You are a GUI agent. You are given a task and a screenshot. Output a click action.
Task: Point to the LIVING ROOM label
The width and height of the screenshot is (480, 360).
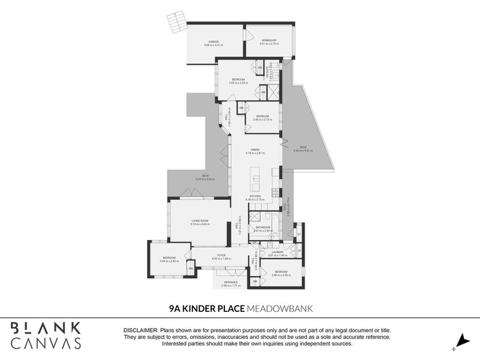[x=200, y=220]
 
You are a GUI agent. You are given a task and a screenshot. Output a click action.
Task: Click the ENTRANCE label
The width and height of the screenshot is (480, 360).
[x=231, y=282]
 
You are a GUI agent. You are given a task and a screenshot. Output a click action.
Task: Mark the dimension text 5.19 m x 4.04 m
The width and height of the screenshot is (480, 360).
[x=200, y=224]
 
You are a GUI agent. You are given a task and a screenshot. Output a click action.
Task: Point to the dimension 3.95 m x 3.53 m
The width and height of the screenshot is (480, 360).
[x=239, y=83]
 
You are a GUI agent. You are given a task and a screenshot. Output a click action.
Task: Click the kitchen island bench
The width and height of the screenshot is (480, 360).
[x=256, y=178]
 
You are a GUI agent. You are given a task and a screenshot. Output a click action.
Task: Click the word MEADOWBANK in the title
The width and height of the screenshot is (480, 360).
[x=278, y=308]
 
